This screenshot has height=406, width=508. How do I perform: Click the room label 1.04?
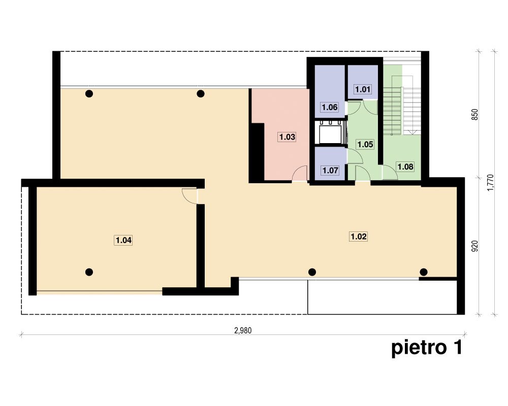point(123,240)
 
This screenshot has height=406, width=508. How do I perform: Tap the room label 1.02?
point(358,236)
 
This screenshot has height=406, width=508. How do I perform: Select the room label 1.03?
point(287,137)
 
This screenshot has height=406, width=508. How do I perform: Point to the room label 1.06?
point(330,107)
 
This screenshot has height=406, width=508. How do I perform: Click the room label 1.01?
point(363,89)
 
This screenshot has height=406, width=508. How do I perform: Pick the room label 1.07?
point(330,171)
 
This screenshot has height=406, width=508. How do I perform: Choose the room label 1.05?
point(365,145)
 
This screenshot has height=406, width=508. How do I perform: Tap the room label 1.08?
point(405,167)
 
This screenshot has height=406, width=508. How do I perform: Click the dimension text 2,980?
point(243,330)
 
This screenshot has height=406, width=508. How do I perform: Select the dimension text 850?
point(474,115)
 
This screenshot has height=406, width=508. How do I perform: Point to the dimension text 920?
point(474,246)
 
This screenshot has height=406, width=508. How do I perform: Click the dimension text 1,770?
point(491,183)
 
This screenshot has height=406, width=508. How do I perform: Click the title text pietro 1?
point(426,348)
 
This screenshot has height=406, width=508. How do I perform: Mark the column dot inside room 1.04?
point(89,272)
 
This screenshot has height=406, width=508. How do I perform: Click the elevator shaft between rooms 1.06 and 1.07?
point(330,132)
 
